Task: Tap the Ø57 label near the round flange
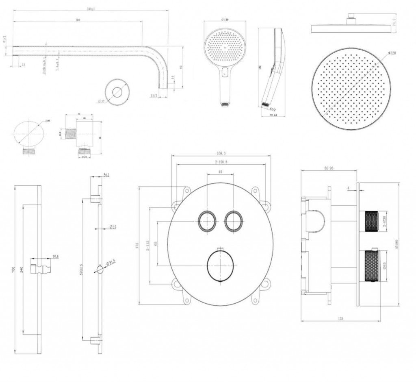point(100,101)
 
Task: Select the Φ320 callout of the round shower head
point(392,53)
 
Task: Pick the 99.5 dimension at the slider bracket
point(56,257)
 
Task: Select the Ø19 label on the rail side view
point(113,227)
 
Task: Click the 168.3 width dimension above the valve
point(221,154)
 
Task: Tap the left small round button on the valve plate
point(207,221)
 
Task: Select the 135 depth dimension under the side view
point(340,319)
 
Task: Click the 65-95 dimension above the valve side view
point(329,168)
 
